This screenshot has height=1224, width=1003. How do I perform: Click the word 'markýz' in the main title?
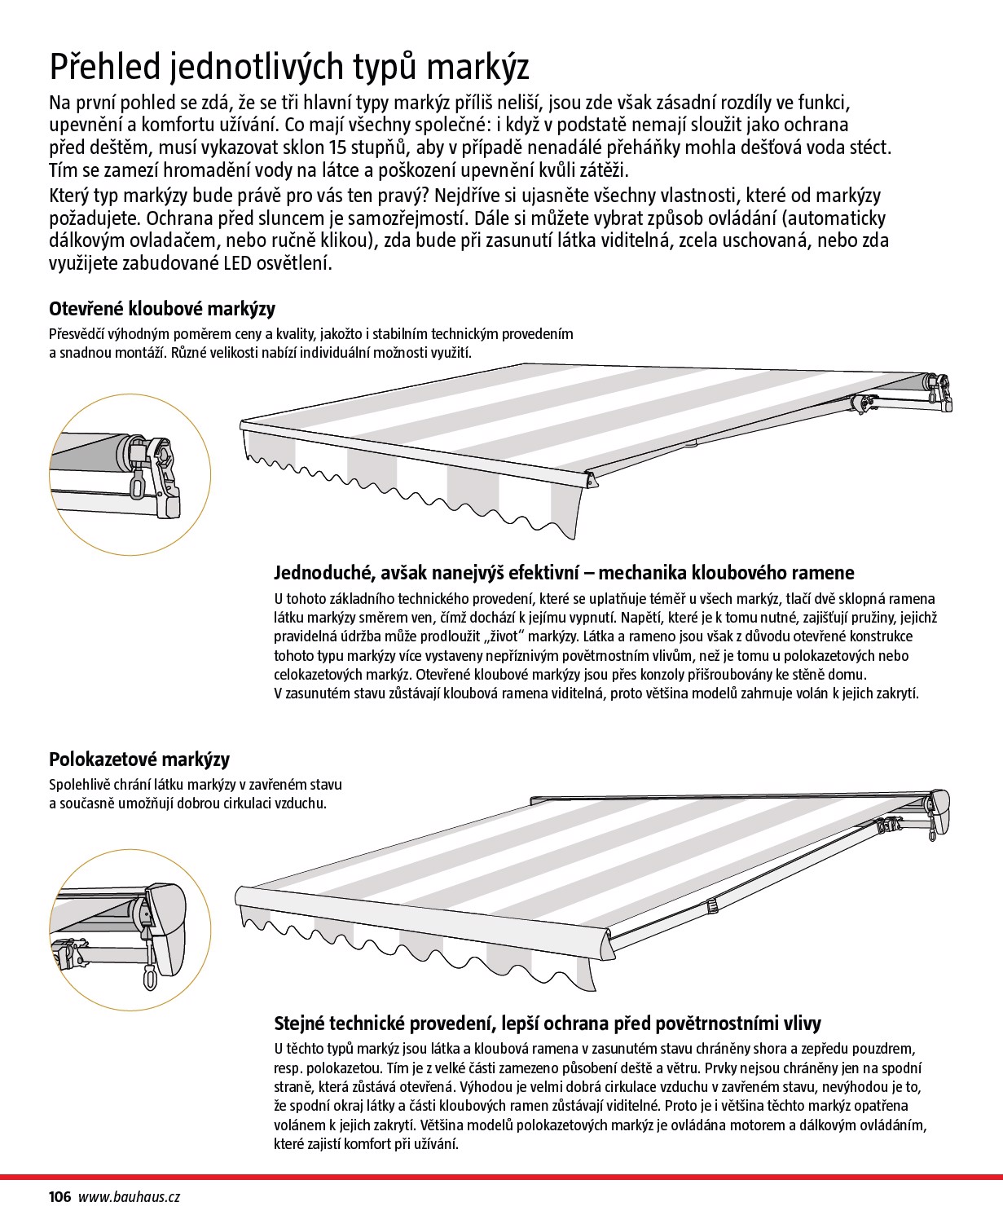[477, 68]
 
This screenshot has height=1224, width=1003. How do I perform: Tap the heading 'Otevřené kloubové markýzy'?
[162, 309]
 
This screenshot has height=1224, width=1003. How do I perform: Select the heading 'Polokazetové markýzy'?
[139, 759]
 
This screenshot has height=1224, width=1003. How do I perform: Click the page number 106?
[59, 1197]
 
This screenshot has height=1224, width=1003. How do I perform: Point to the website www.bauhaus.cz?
[129, 1197]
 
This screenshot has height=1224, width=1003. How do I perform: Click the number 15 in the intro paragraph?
[337, 148]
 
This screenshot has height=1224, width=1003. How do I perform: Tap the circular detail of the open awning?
[130, 475]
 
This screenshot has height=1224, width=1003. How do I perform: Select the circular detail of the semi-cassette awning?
[130, 931]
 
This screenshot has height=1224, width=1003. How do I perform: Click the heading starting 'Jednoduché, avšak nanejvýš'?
[564, 574]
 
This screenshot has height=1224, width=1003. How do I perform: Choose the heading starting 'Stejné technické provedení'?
[548, 1024]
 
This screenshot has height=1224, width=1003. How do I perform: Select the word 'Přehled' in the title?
[104, 68]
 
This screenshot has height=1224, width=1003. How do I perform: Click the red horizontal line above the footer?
[502, 1178]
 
